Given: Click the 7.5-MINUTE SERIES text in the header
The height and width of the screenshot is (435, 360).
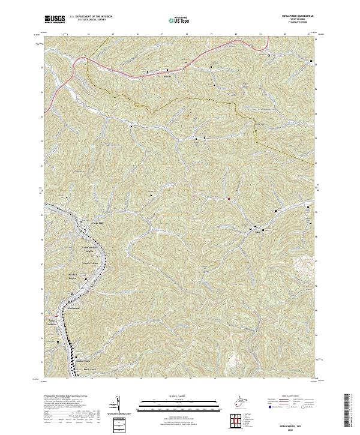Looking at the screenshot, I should coord(298,25).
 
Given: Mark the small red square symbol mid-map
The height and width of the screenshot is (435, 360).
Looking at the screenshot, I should coord(228,198).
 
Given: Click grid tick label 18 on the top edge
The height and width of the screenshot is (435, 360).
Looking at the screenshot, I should coord(187,34).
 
